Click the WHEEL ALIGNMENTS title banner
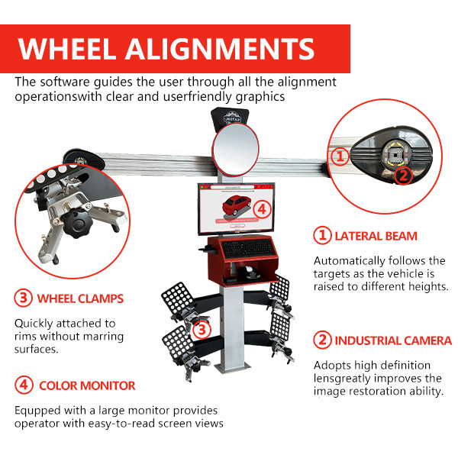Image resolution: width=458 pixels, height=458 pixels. tap(166, 49)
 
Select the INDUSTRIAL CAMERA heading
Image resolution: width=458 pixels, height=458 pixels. tap(385, 340)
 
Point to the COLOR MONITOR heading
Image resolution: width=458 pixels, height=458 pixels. tap(78, 385)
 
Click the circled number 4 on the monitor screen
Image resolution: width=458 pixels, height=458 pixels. tap(262, 208)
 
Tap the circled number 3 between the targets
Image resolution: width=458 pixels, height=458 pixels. tap(201, 330)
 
